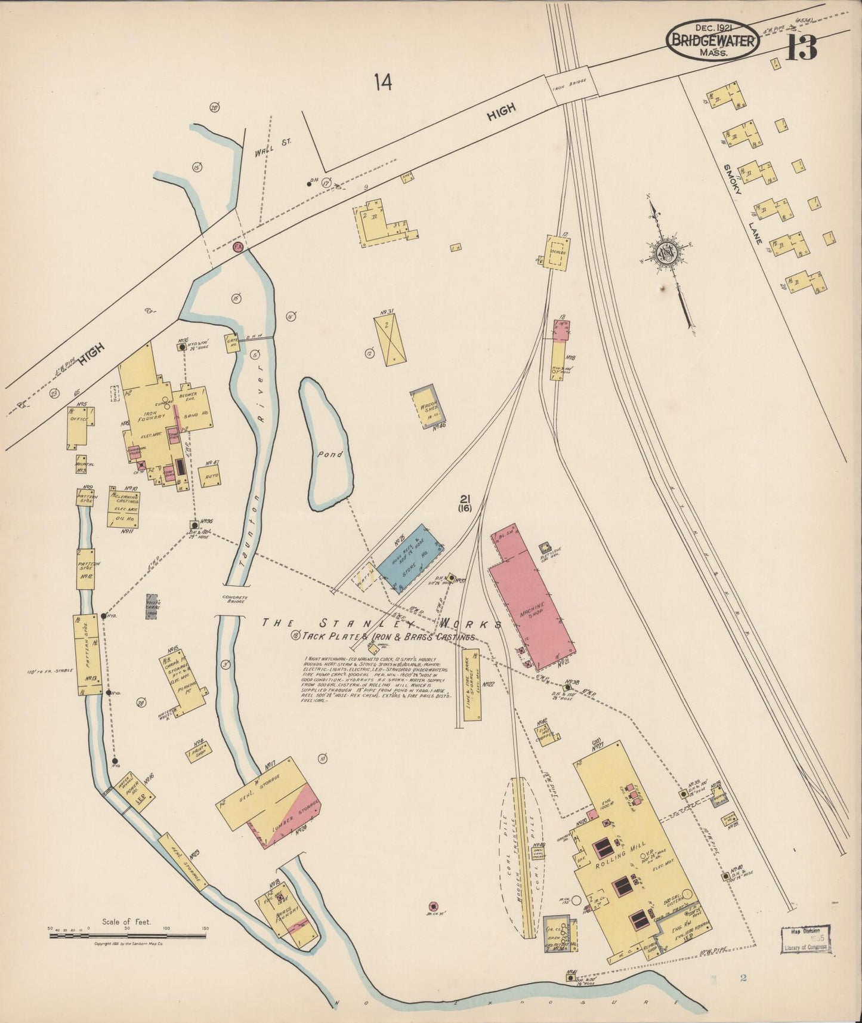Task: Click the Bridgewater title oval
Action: point(713,41)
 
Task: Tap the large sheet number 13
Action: point(801,45)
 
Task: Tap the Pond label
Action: point(329,454)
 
